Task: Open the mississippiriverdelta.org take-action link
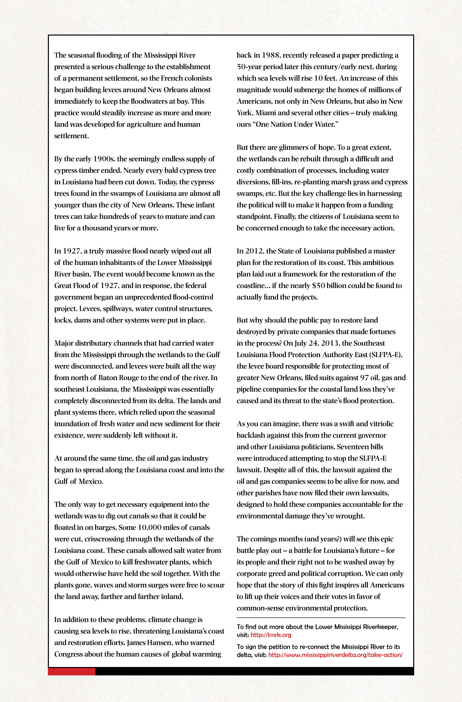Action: [335, 655]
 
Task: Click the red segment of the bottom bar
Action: [72, 672]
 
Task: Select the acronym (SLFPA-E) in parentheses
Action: [385, 355]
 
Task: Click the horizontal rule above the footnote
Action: [321, 618]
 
